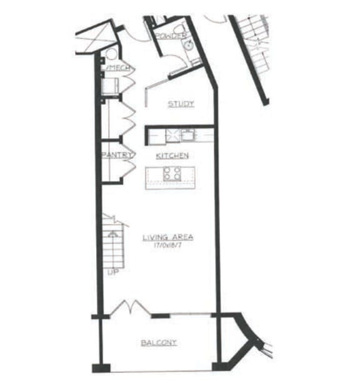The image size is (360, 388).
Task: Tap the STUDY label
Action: coord(181,104)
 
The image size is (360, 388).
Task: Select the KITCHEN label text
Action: coord(172,155)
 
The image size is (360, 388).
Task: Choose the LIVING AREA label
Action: coord(167,237)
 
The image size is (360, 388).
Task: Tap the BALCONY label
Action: coord(158,342)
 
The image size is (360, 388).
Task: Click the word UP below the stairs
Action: coord(112,272)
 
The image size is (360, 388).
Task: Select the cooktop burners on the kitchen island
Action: coord(172,174)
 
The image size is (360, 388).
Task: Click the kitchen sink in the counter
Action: coord(187,134)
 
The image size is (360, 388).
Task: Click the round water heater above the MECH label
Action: coord(111,54)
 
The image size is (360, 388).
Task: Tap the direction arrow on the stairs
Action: coord(113,234)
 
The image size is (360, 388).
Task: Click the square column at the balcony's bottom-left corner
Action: coord(99,367)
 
